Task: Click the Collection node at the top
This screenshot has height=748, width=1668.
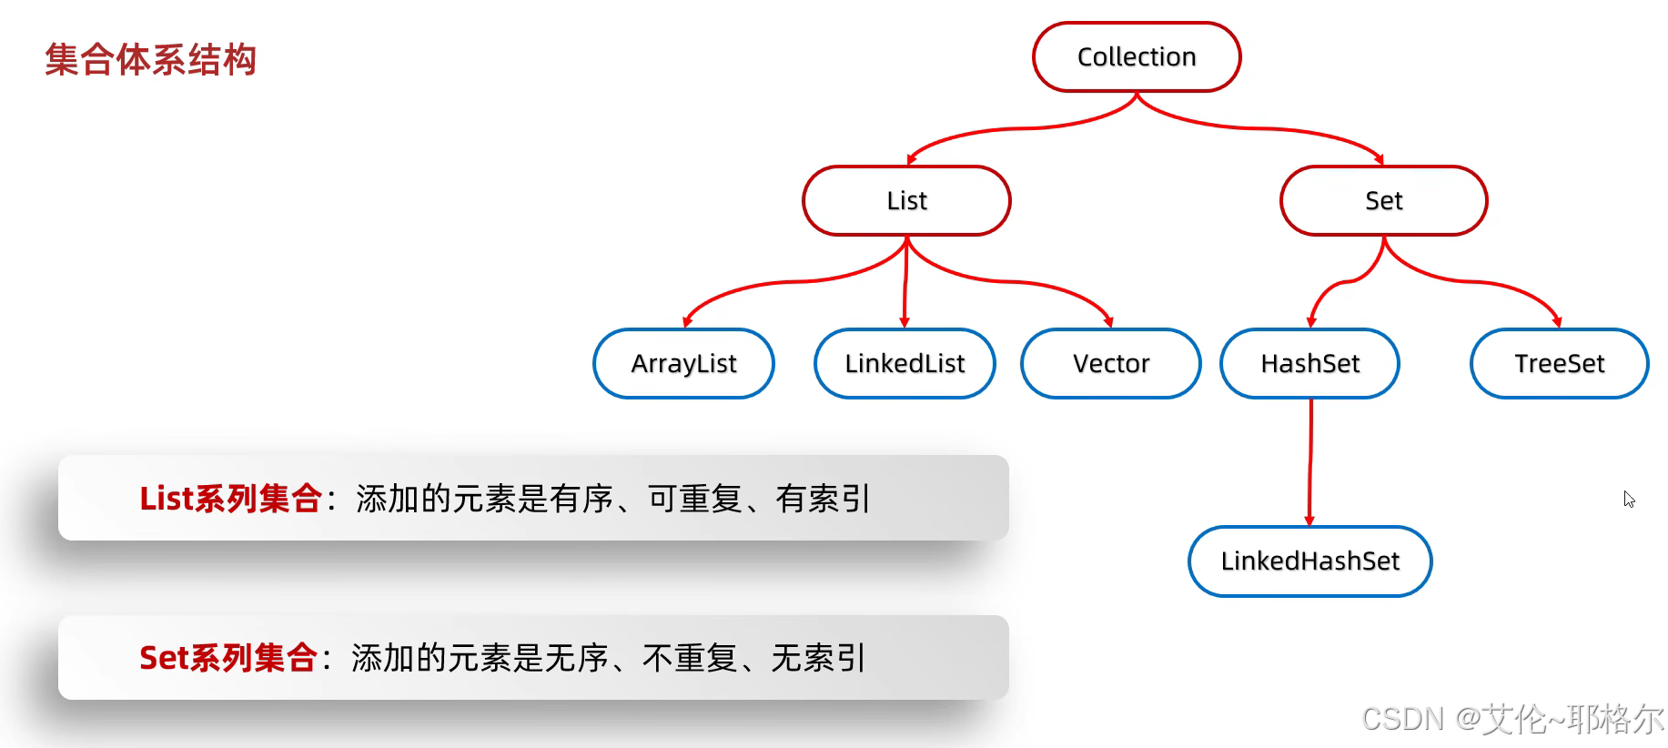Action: click(1137, 57)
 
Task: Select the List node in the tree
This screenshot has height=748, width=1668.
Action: click(906, 201)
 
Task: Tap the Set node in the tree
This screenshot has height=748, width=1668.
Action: click(1383, 201)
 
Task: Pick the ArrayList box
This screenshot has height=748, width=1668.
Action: click(683, 364)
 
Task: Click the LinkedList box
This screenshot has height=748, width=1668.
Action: click(905, 364)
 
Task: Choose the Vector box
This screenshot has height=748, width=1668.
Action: click(1111, 364)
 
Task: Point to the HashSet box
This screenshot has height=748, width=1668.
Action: click(1309, 364)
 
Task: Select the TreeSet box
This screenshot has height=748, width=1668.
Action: click(1559, 364)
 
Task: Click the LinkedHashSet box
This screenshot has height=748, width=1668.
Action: click(1309, 561)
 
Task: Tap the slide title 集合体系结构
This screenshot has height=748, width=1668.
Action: click(151, 60)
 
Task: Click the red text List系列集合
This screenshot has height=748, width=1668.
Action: click(230, 499)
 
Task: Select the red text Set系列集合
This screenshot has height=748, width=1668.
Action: click(227, 658)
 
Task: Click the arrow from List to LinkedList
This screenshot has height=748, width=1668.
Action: click(905, 282)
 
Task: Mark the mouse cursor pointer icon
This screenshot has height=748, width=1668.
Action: click(1628, 499)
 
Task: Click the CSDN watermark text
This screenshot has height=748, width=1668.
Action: click(1511, 719)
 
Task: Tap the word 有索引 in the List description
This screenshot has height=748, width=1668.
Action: click(823, 499)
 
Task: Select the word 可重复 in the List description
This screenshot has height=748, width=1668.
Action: click(695, 499)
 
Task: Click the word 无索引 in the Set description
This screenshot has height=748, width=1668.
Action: click(818, 658)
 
